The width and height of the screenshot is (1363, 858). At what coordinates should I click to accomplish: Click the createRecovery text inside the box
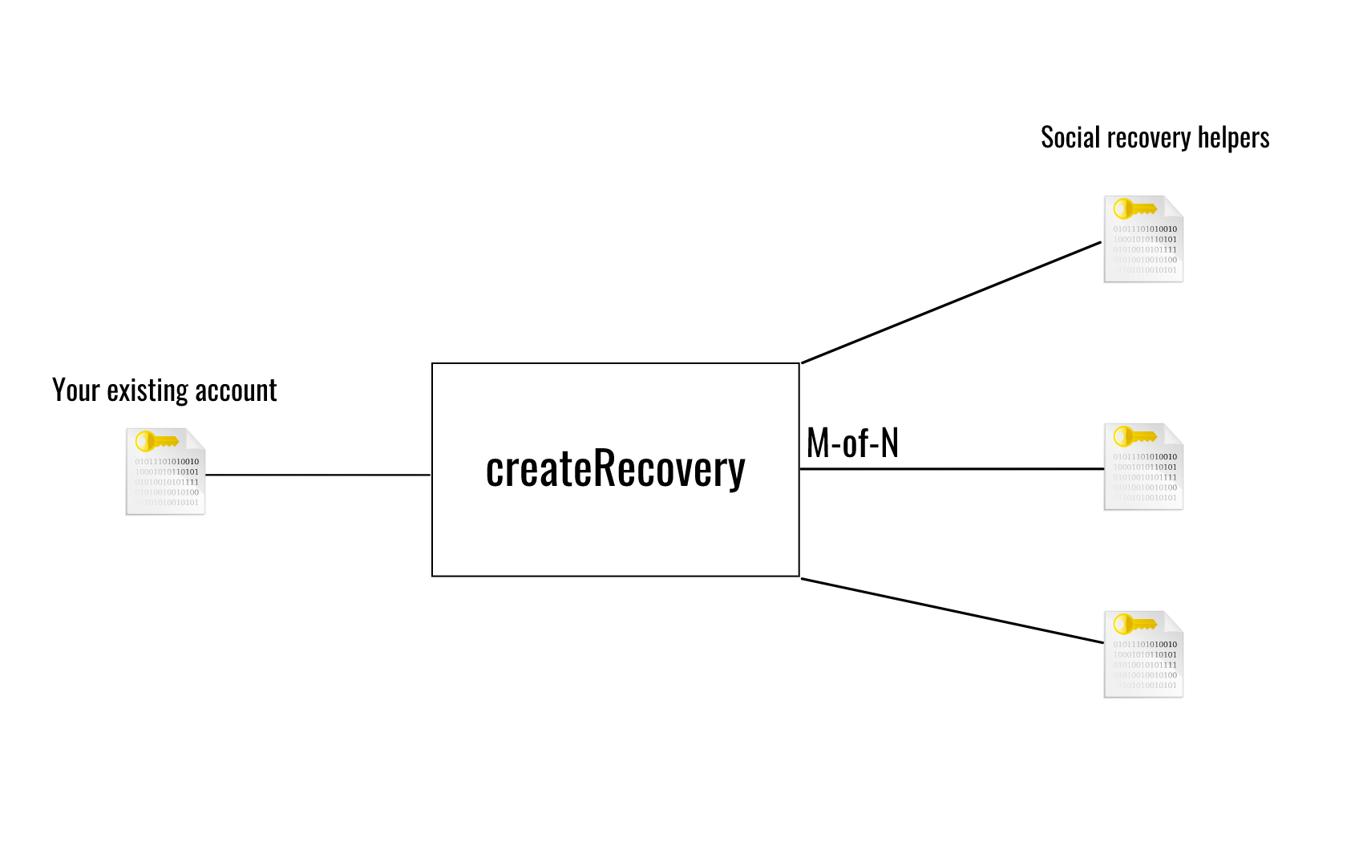[615, 469]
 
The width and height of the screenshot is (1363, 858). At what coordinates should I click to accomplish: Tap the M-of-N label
[852, 443]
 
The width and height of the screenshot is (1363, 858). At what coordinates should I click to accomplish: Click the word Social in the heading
[1070, 138]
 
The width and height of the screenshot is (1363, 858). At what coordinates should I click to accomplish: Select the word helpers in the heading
[1233, 138]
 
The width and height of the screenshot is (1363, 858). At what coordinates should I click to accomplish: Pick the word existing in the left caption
[148, 391]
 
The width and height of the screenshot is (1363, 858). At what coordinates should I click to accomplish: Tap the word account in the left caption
[236, 391]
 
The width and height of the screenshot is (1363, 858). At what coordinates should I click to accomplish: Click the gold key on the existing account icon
[156, 441]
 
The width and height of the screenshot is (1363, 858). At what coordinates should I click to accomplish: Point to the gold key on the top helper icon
[1134, 209]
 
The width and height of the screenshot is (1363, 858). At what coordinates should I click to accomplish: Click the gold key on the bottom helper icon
[1134, 624]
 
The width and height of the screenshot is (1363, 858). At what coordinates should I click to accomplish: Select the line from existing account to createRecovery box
[318, 475]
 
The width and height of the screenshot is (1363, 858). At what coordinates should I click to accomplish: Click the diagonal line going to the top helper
[951, 302]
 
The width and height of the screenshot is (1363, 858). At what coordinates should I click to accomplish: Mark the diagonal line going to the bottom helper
[952, 611]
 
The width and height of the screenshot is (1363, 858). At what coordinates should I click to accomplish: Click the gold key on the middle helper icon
[1134, 436]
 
